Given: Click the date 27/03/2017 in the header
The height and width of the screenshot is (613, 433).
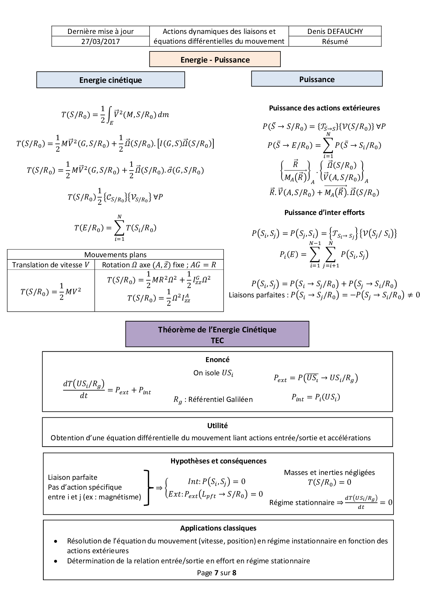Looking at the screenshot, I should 101,42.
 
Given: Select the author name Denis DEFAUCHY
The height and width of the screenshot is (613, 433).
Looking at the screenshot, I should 335,31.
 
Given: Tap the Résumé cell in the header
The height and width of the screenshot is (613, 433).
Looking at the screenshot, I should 335,42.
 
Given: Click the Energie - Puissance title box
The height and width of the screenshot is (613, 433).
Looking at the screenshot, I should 215,59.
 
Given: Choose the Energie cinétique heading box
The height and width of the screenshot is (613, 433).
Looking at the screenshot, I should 110,80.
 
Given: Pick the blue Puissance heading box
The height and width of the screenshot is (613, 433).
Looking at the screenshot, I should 317,79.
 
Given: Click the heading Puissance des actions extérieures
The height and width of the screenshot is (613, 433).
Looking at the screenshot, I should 324,108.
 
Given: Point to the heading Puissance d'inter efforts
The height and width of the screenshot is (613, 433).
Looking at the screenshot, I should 324,212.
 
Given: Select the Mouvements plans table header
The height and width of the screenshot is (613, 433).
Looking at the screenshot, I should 115,255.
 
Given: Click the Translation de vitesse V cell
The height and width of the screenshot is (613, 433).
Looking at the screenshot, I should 51,265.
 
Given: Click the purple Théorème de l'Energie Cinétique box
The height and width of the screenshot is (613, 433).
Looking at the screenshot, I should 217,334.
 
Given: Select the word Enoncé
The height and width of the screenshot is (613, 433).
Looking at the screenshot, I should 217,360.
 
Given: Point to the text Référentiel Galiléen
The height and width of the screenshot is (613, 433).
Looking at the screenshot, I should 220,399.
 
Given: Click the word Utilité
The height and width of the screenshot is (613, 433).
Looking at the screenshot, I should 217,426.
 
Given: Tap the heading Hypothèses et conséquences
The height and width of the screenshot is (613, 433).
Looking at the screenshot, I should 218,461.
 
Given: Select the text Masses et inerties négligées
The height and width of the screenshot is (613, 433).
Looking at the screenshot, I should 329,473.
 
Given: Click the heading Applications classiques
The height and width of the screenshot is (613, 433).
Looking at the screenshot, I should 218,528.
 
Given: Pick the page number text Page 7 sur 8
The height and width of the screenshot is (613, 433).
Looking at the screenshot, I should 216,573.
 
